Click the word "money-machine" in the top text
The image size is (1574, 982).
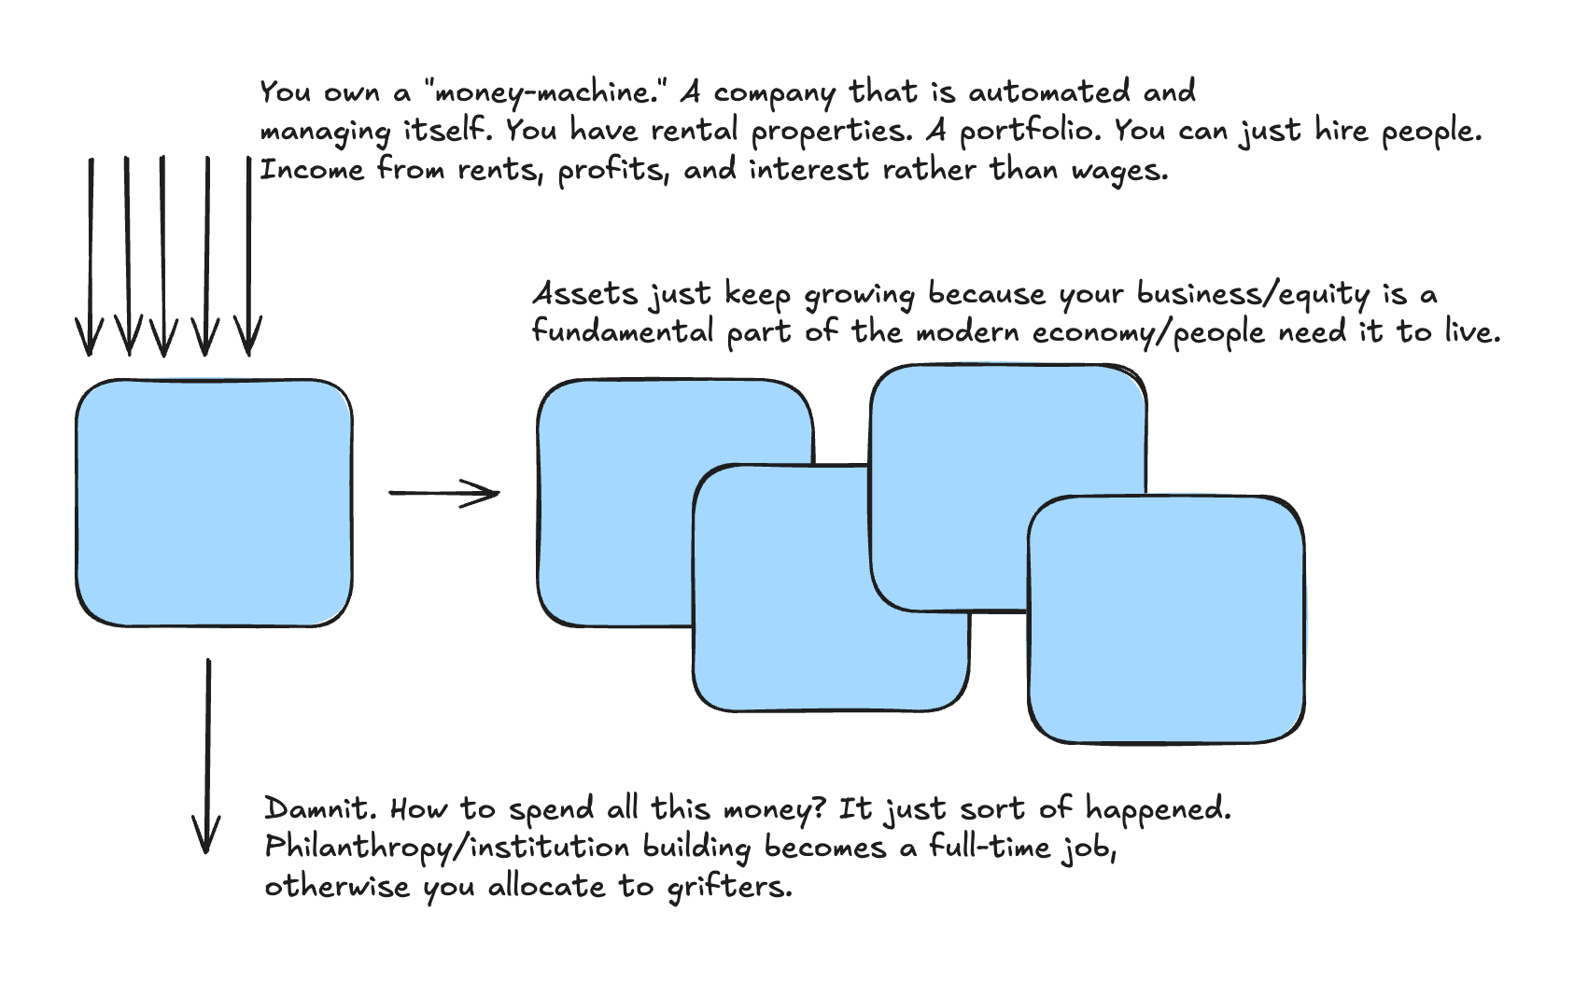541,93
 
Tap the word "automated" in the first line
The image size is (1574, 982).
1048,92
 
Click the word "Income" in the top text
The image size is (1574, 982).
312,170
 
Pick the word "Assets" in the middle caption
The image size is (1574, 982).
584,295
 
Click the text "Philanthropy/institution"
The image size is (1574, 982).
447,848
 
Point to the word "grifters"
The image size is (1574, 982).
729,887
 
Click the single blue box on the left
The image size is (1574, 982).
214,502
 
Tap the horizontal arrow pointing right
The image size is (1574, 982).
443,493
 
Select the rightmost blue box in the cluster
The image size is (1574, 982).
1165,619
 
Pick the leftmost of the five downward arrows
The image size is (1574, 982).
91,257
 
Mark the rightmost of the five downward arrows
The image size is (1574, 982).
248,257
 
